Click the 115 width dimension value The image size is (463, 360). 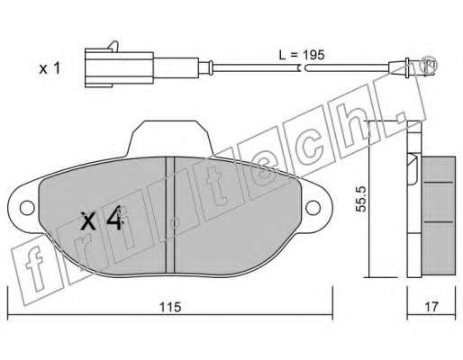pyautogui.click(x=170, y=307)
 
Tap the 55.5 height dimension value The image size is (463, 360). pyautogui.click(x=360, y=199)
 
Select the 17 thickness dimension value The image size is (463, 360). pyautogui.click(x=431, y=307)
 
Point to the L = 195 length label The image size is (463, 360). pyautogui.click(x=302, y=55)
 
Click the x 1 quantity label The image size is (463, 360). pyautogui.click(x=50, y=68)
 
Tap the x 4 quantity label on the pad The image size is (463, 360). pyautogui.click(x=102, y=218)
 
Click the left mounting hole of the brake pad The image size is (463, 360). pyautogui.click(x=27, y=208)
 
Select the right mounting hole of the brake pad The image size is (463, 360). pyautogui.click(x=313, y=207)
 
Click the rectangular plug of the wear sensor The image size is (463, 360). pyautogui.click(x=119, y=69)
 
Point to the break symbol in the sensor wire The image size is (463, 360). pyautogui.click(x=303, y=68)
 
